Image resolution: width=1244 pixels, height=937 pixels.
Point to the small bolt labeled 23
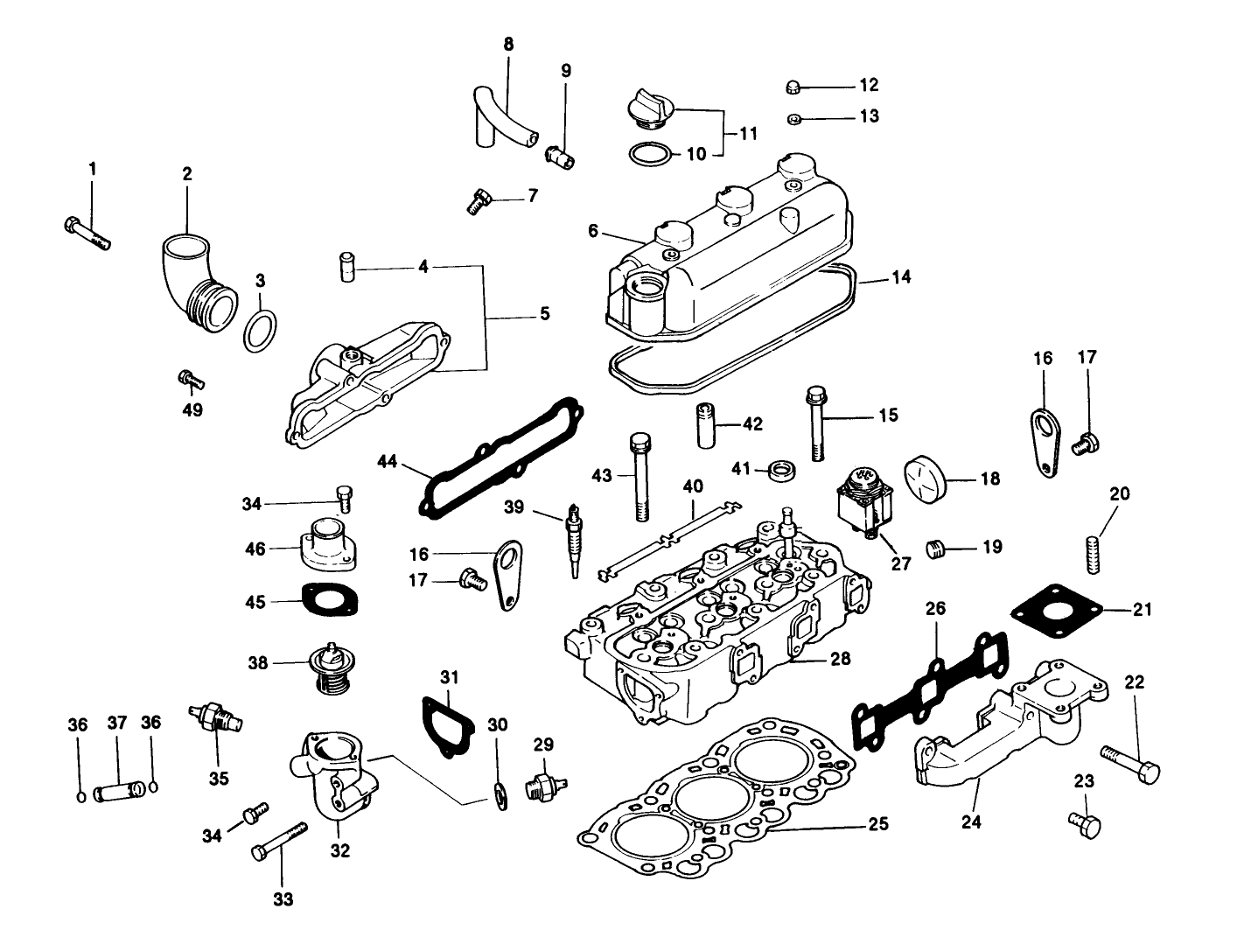click(x=1085, y=823)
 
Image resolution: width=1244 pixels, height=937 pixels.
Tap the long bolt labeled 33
click(x=279, y=840)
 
